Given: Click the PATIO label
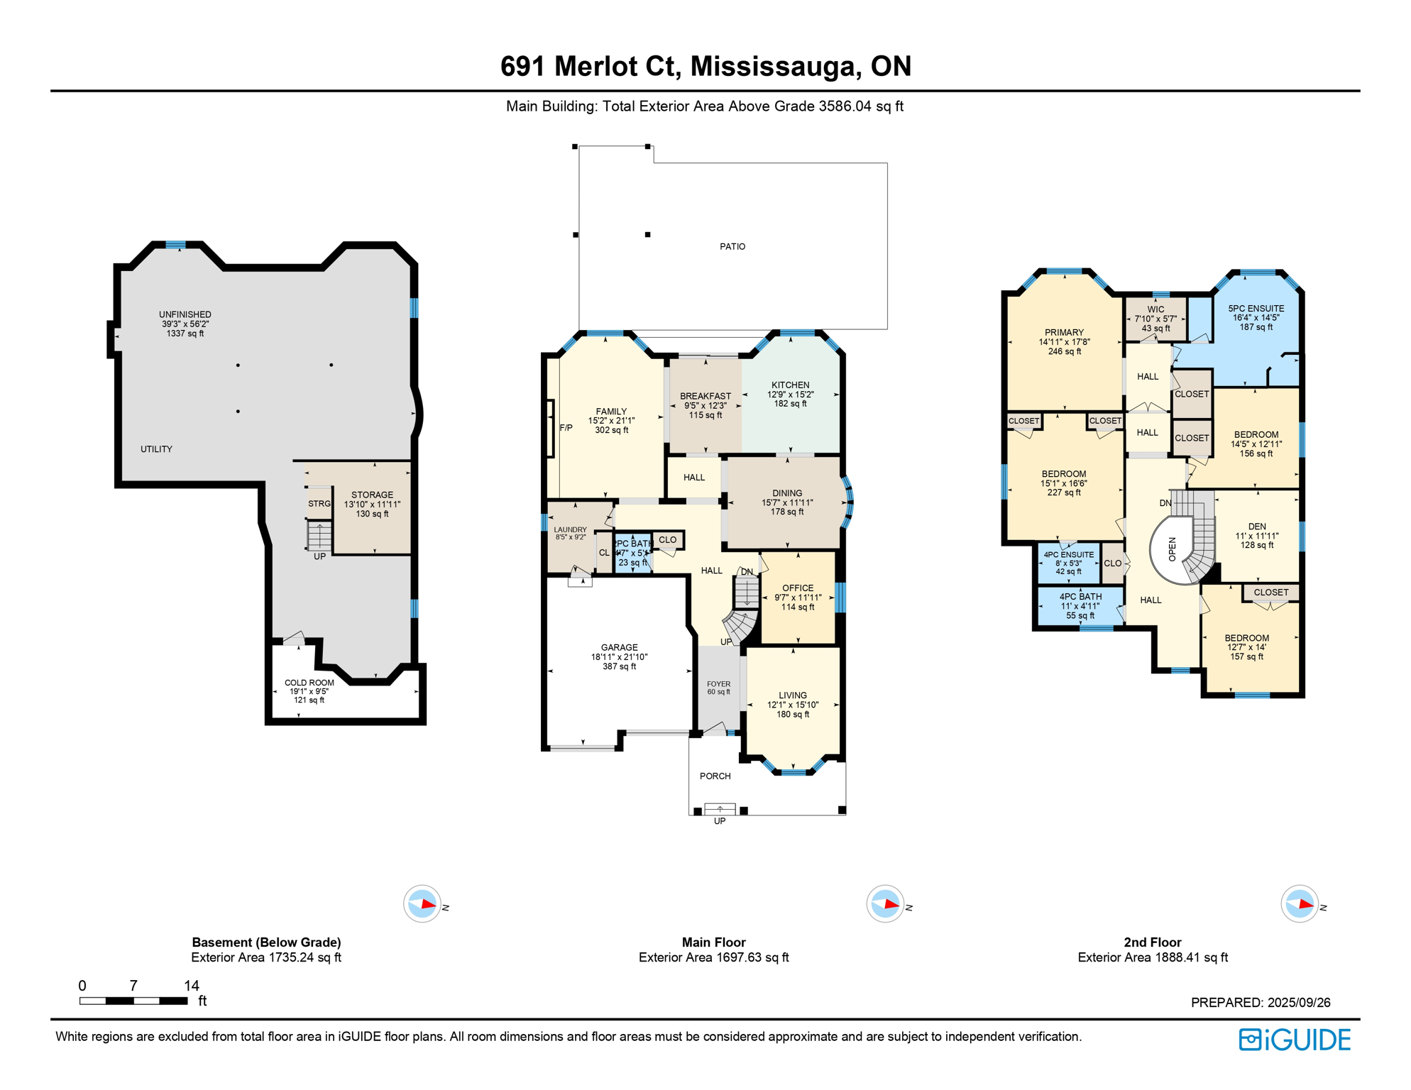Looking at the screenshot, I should [732, 247].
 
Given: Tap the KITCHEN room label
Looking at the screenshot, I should [790, 385].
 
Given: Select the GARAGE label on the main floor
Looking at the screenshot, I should [619, 648].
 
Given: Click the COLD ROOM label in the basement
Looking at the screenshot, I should [309, 683].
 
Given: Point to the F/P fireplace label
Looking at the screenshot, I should [566, 428].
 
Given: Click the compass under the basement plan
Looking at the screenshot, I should [422, 904].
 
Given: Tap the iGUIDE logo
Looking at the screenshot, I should [1295, 1040].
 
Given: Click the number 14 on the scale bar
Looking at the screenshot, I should [192, 986].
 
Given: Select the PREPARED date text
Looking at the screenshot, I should [1261, 1003].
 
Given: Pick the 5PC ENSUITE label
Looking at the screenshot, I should [1256, 309].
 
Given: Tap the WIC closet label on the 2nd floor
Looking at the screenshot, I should [1155, 309].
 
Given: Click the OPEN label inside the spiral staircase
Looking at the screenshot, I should [1173, 549].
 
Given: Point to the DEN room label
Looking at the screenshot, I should [1257, 527].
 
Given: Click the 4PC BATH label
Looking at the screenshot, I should [1080, 597].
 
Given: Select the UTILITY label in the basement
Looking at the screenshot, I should [156, 449].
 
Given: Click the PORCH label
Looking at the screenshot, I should [715, 776].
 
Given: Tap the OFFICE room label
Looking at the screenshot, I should [798, 588].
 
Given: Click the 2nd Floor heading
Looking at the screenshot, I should [1152, 942].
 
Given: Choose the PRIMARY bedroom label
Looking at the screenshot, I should [1064, 333].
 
